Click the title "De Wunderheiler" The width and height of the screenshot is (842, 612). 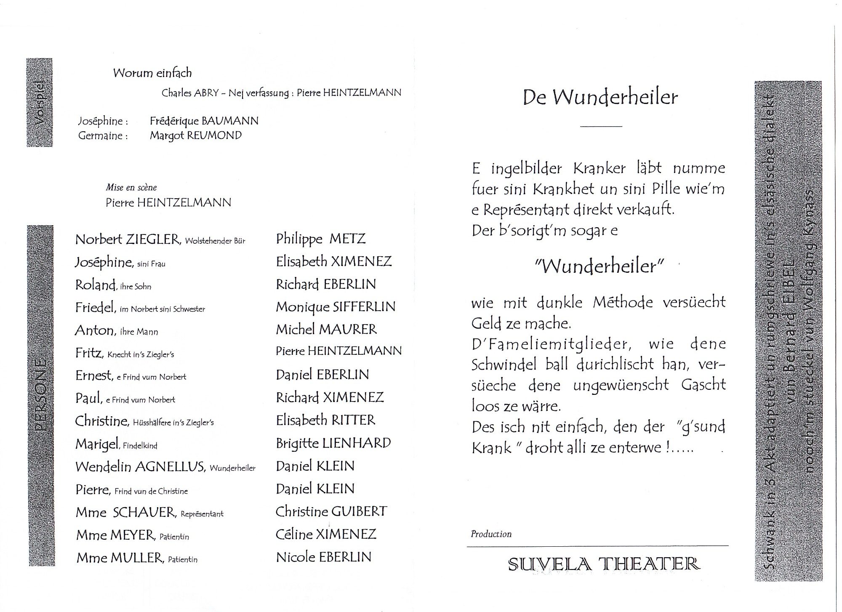[x=600, y=98]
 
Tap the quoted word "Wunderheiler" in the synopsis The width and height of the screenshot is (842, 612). [x=600, y=266]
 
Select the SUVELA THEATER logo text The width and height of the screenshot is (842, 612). [x=604, y=564]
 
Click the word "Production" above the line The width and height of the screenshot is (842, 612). [x=491, y=534]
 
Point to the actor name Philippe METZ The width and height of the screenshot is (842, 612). [x=321, y=239]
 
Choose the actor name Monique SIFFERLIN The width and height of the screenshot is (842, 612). [x=336, y=307]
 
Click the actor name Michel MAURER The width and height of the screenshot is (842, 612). [x=326, y=329]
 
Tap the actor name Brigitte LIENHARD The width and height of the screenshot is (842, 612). [x=333, y=443]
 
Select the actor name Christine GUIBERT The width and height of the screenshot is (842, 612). [x=331, y=511]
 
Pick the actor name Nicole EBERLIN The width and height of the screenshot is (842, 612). [x=324, y=557]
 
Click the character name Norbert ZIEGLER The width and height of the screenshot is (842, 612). [x=128, y=239]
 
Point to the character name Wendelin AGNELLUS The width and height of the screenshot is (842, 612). [x=140, y=467]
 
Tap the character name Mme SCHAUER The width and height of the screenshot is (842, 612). [x=125, y=512]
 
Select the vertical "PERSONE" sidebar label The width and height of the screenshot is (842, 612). [x=41, y=396]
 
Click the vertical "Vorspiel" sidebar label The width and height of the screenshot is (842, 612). [x=40, y=102]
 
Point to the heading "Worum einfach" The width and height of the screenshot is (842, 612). [x=152, y=73]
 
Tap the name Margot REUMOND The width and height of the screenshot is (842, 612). [x=196, y=136]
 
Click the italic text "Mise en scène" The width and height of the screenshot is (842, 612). [x=131, y=188]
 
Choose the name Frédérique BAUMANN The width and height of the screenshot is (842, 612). [x=204, y=121]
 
